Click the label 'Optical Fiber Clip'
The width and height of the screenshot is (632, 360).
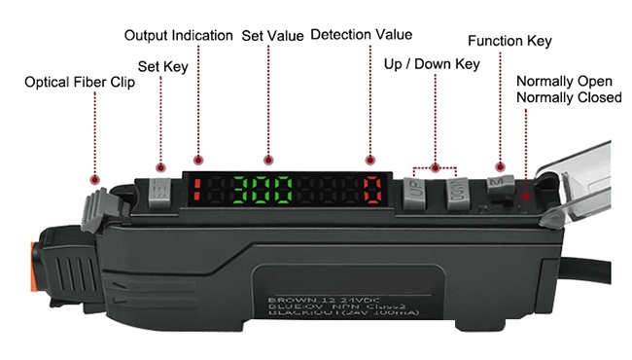click(80, 83)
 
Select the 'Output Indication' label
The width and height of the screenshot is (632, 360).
click(178, 36)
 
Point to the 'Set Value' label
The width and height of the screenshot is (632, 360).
click(272, 36)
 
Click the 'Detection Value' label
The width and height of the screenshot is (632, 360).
click(361, 36)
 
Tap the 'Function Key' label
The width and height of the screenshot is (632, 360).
click(509, 41)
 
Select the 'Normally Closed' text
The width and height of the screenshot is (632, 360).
click(570, 97)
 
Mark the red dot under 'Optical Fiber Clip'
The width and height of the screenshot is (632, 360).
click(94, 179)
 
